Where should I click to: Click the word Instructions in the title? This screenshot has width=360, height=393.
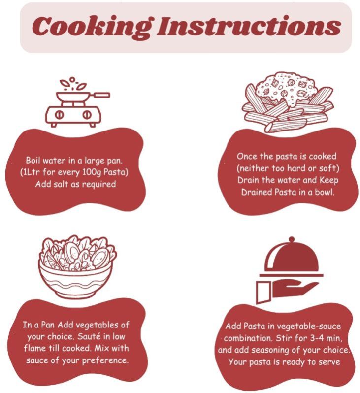(x=248, y=26)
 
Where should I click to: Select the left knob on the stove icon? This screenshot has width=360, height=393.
(x=60, y=115)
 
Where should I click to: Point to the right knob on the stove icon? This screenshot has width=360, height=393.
(x=87, y=115)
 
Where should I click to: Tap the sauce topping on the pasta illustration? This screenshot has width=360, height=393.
(x=286, y=87)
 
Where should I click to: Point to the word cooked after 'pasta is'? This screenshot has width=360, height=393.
(x=323, y=156)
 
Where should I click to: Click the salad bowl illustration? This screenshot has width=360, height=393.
(x=77, y=267)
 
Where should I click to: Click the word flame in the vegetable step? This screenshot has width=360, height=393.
(x=34, y=348)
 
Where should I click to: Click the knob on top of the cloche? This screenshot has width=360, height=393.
(x=292, y=239)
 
